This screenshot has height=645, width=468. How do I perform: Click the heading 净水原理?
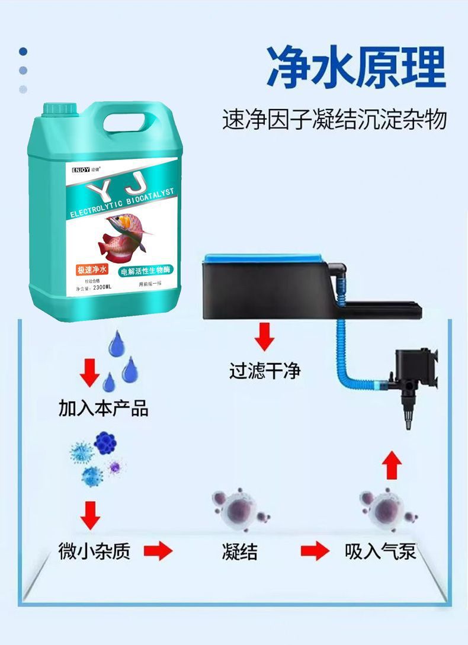[x=355, y=66]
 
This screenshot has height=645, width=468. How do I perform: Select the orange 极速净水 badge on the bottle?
[x=92, y=271]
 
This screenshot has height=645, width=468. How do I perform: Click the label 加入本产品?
[x=103, y=408]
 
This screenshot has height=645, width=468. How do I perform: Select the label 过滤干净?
[x=265, y=371]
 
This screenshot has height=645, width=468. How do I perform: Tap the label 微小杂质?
[x=95, y=551]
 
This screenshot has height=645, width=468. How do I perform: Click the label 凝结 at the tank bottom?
[x=240, y=551]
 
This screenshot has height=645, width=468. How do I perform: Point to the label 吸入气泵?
[x=380, y=551]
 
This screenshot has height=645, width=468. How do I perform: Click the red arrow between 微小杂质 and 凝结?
[x=158, y=551]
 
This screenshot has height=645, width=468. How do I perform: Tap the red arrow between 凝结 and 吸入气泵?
[x=315, y=551]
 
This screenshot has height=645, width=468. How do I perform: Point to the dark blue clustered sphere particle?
[x=105, y=442]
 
